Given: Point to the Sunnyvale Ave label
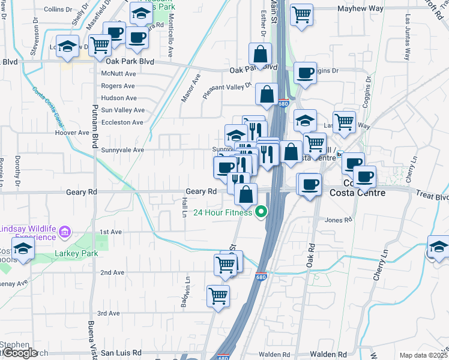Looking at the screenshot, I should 123,149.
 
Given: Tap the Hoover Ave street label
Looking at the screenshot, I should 71,133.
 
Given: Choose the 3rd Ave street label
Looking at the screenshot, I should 109,313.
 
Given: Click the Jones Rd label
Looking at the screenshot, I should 338,220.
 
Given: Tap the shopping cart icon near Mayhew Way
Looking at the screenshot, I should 301,14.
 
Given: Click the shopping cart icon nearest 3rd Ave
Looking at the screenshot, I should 218,295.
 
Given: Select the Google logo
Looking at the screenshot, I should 19,353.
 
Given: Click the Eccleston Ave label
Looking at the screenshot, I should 122,122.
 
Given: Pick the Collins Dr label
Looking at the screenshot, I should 58,10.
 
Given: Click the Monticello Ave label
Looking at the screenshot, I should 171,36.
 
